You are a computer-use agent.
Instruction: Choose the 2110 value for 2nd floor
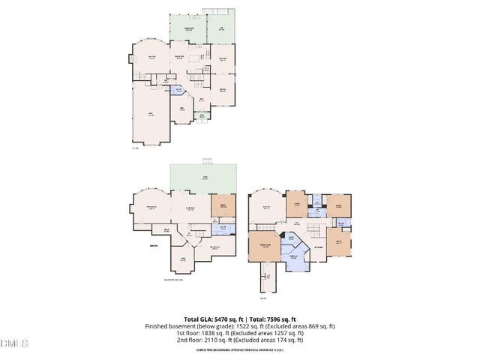[x=209, y=340]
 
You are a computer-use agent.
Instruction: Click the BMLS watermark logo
[x=13, y=344]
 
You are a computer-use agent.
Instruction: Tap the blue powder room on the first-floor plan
[x=178, y=91]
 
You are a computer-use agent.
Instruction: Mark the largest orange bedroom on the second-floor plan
[x=264, y=248]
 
